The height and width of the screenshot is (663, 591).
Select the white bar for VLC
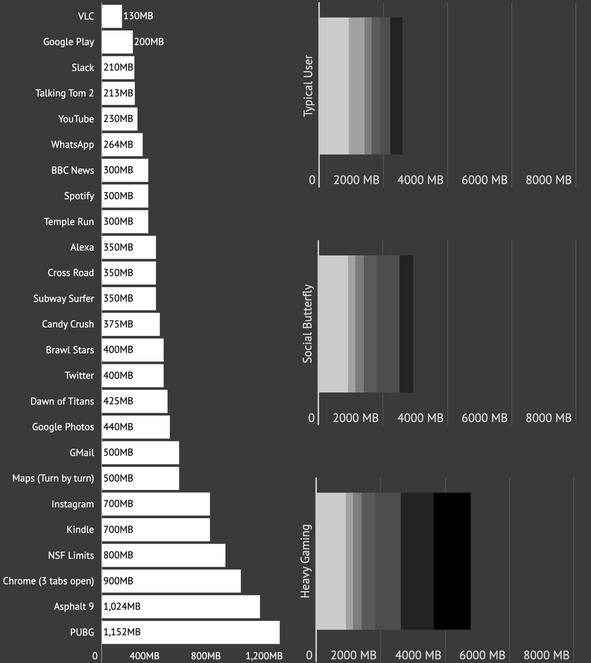(112, 16)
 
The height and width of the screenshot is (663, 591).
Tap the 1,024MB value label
(122, 607)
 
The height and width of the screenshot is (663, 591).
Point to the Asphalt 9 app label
(74, 607)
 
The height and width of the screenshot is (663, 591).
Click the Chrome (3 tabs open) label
(48, 581)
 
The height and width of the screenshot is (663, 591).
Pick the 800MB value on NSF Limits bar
(118, 555)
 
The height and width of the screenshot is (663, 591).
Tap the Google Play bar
(117, 42)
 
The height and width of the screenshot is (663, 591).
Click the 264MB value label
(118, 145)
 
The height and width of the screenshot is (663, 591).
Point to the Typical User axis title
(308, 85)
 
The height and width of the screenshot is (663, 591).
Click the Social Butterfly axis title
(307, 324)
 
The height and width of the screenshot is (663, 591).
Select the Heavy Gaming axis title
(305, 561)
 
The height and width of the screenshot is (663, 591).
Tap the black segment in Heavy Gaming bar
(452, 561)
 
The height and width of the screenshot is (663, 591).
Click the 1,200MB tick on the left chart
(264, 656)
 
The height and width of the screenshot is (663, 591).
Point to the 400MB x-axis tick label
(145, 656)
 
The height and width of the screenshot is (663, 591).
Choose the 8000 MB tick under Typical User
(549, 180)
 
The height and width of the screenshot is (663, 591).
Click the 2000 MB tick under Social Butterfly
(356, 418)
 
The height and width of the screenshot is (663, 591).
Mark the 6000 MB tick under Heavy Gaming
(482, 655)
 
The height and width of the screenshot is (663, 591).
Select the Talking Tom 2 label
(64, 93)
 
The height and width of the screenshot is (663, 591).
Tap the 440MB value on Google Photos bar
(118, 427)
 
